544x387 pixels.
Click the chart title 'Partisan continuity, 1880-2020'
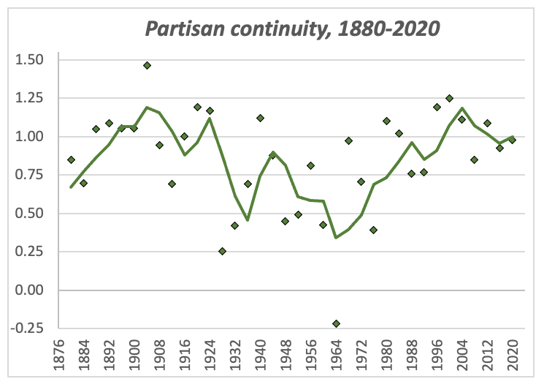pyautogui.click(x=292, y=29)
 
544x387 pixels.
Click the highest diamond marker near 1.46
pyautogui.click(x=147, y=65)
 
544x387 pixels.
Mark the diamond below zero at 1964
pyautogui.click(x=336, y=323)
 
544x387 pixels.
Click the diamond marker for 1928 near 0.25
pyautogui.click(x=222, y=251)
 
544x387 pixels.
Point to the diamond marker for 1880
pyautogui.click(x=71, y=159)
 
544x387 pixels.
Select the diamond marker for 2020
pyautogui.click(x=512, y=140)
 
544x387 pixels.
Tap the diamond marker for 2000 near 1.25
pyautogui.click(x=449, y=98)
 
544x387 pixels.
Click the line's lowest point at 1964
pyautogui.click(x=336, y=237)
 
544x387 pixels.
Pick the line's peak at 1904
pyautogui.click(x=147, y=108)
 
